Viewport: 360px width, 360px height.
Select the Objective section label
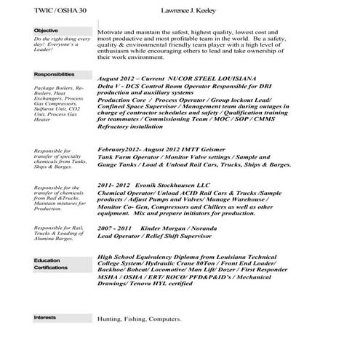[x=47, y=30]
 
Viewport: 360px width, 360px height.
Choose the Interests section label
[x=46, y=318]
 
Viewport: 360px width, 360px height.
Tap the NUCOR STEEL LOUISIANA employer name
[x=212, y=77]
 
